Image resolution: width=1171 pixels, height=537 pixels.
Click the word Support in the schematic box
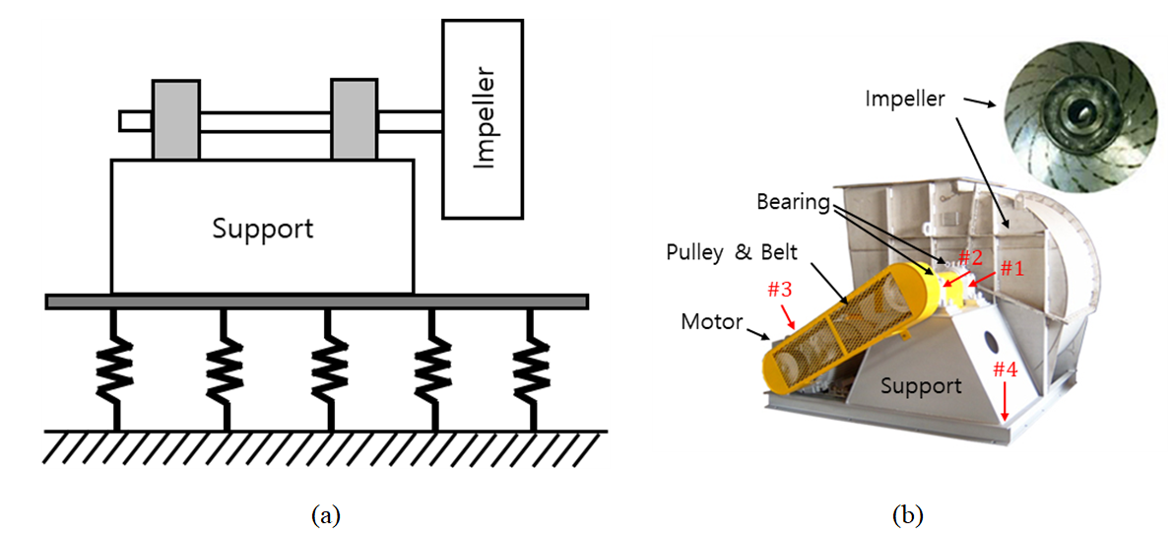(x=262, y=229)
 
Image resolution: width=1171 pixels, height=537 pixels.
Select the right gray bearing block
(x=354, y=119)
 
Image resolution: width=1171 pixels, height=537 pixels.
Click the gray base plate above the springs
(x=316, y=301)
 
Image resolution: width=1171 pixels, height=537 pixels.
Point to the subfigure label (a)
(x=325, y=514)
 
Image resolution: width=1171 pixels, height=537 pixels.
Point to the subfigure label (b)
(x=907, y=514)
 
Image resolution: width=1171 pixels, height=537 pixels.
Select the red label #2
(x=970, y=257)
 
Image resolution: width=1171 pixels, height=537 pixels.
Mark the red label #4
(x=1005, y=369)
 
